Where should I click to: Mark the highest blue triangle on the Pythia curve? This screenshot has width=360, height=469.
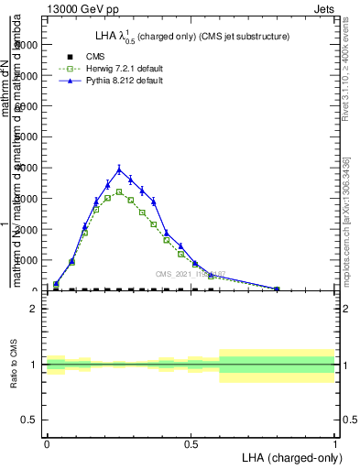(119, 169)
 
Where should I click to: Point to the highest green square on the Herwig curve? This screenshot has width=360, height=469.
(119, 191)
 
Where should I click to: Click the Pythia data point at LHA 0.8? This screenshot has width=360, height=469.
(277, 289)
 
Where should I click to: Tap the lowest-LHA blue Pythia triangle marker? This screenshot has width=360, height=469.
(56, 284)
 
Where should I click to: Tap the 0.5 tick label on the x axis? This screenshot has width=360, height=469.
(191, 444)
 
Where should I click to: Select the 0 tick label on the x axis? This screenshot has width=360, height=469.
(47, 444)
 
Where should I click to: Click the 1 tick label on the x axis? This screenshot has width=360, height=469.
(335, 444)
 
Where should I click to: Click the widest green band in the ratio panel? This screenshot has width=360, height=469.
(277, 365)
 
